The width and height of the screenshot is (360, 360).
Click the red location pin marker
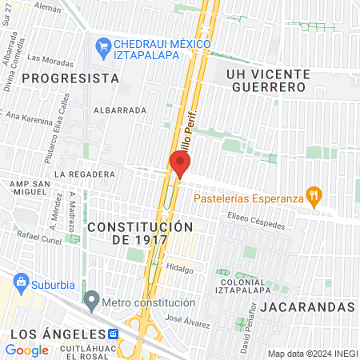tap(180, 163)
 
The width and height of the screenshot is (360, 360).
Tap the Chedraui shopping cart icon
tap(102, 46)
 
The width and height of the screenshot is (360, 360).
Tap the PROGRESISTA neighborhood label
tap(70, 78)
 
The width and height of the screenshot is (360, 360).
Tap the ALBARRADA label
tap(119, 110)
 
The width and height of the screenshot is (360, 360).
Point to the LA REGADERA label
tap(79, 174)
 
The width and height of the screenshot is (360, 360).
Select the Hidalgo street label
tap(180, 270)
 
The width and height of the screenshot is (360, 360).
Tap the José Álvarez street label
tap(187, 321)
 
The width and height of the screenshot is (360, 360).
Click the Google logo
tap(26, 350)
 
